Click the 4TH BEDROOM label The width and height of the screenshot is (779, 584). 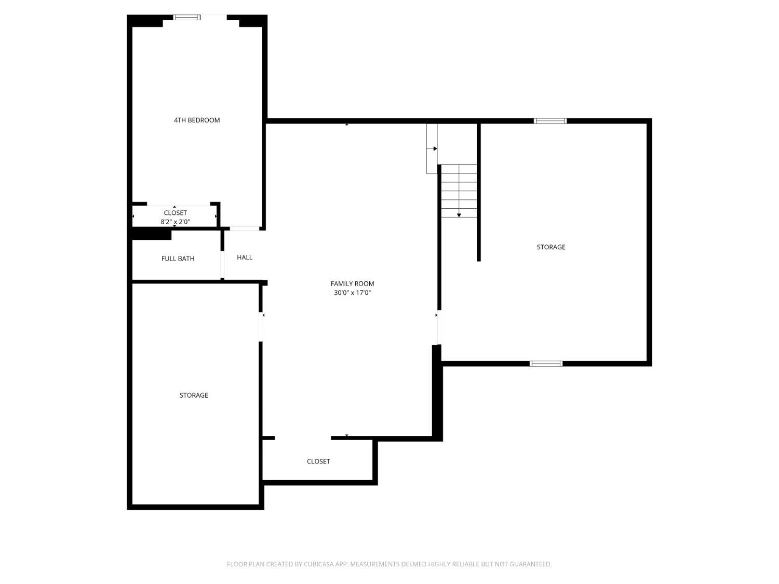click(197, 120)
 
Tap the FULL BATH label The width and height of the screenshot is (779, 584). click(178, 259)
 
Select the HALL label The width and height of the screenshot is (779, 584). click(245, 257)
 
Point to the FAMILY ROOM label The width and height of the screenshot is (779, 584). click(352, 283)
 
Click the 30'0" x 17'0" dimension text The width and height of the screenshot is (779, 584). click(352, 293)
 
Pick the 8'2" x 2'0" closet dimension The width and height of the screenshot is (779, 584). click(175, 222)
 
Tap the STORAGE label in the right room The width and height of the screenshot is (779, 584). click(551, 247)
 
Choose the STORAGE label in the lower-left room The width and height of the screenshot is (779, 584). click(194, 395)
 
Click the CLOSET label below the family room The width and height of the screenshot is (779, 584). click(318, 461)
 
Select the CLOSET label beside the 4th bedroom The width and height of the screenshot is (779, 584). click(175, 213)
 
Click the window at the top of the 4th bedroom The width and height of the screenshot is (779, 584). click(186, 18)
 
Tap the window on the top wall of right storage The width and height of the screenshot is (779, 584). click(550, 121)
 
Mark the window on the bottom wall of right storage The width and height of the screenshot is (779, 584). click(546, 363)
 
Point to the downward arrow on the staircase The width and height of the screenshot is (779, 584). click(459, 215)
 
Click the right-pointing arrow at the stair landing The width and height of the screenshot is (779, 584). click(435, 149)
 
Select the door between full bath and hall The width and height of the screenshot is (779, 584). click(222, 265)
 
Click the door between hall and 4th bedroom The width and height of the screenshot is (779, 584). click(245, 228)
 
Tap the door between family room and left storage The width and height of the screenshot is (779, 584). click(261, 327)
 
